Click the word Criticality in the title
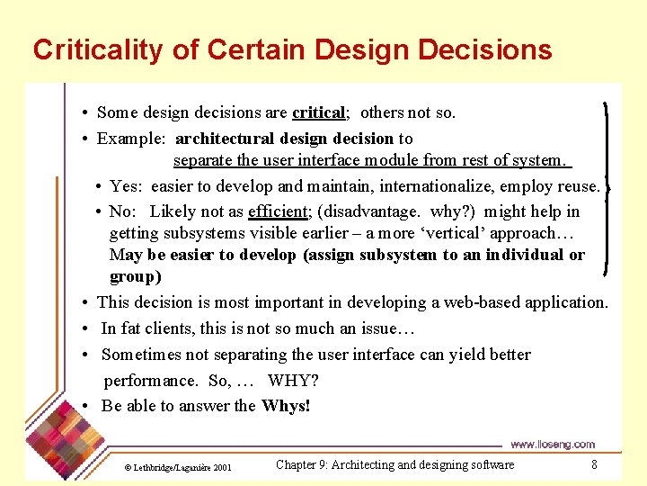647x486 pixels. [98, 50]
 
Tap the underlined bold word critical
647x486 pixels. [318, 112]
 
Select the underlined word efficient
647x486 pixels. [278, 211]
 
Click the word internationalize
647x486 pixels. [437, 186]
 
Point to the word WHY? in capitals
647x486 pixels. [293, 380]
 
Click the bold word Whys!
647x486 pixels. [286, 406]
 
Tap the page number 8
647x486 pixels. [594, 464]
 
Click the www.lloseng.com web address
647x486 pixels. [553, 445]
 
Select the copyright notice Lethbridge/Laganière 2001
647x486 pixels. [178, 468]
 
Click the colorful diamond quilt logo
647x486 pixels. [65, 439]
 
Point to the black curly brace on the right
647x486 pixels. [606, 189]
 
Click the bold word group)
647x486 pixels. [136, 277]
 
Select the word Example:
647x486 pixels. [131, 139]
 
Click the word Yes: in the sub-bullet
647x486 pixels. [126, 186]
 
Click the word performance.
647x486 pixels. [151, 381]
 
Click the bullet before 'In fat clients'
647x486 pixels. [85, 329]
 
